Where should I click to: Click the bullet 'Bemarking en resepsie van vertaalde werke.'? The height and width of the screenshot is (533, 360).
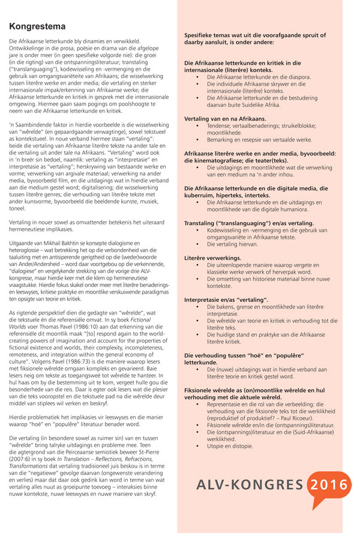259,139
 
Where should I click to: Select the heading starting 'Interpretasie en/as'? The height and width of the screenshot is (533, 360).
226,298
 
